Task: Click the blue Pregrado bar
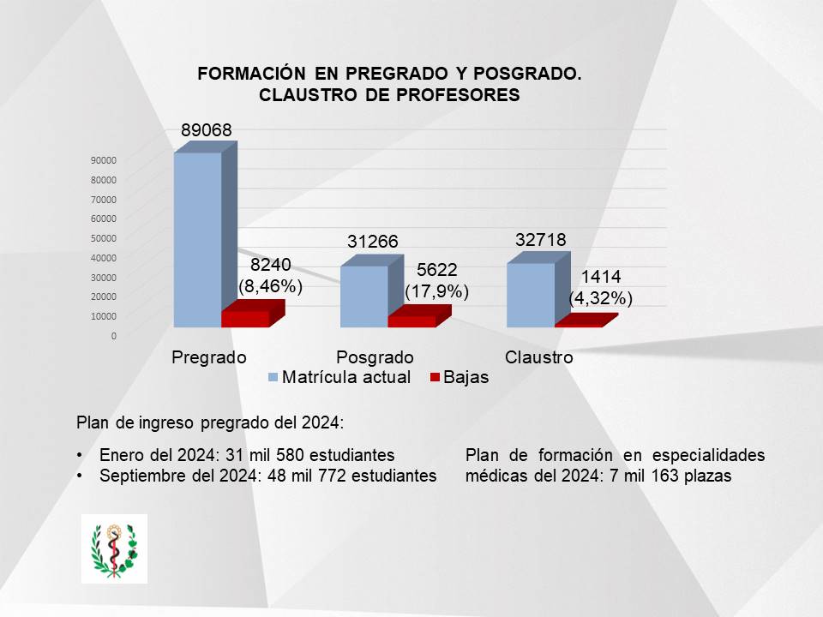pyautogui.click(x=197, y=240)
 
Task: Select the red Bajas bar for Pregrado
pyautogui.click(x=245, y=319)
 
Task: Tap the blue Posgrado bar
pyautogui.click(x=363, y=297)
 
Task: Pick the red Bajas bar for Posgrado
pyautogui.click(x=411, y=321)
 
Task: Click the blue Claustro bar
pyautogui.click(x=531, y=295)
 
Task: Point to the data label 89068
pyautogui.click(x=207, y=130)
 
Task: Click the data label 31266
pyautogui.click(x=373, y=243)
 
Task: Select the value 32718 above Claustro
pyautogui.click(x=541, y=240)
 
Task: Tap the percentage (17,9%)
pyautogui.click(x=437, y=291)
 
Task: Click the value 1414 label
pyautogui.click(x=601, y=277)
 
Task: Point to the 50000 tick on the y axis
pyautogui.click(x=102, y=238)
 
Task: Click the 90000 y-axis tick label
pyautogui.click(x=102, y=160)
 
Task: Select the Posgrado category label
pyautogui.click(x=375, y=357)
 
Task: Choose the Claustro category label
pyautogui.click(x=539, y=357)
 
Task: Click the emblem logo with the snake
pyautogui.click(x=114, y=548)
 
